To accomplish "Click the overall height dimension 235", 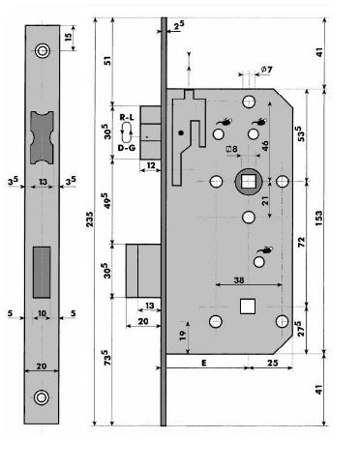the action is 90,219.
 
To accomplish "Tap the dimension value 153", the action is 318,218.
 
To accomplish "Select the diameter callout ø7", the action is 266,70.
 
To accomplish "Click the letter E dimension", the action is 204,363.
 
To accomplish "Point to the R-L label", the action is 127,117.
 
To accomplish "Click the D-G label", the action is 127,148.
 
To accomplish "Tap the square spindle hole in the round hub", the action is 248,182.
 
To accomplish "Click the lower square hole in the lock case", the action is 248,307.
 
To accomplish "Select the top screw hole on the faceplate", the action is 43,51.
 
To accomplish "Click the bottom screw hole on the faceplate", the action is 42,397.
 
